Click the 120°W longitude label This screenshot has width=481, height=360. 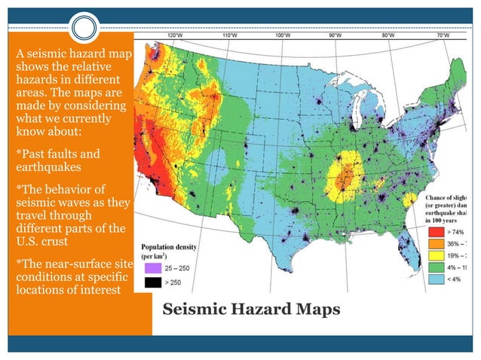point(173,35)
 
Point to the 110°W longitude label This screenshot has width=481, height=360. point(228,35)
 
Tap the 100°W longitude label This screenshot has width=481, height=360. point(282,35)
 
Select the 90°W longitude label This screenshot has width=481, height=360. point(335,35)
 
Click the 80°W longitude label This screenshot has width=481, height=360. point(388,35)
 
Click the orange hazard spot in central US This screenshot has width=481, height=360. point(343,178)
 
